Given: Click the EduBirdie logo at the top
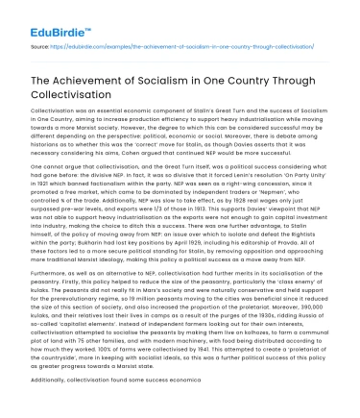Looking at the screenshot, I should (43, 16).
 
